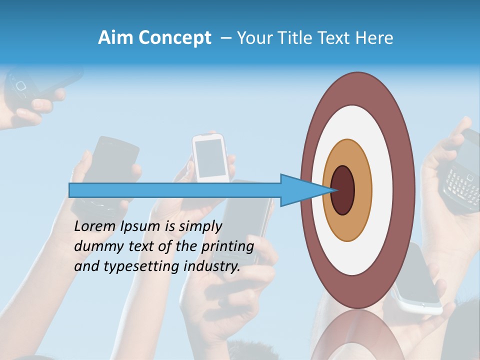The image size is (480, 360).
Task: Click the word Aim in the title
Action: coord(114,38)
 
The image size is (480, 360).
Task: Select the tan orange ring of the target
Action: coord(362,190)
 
